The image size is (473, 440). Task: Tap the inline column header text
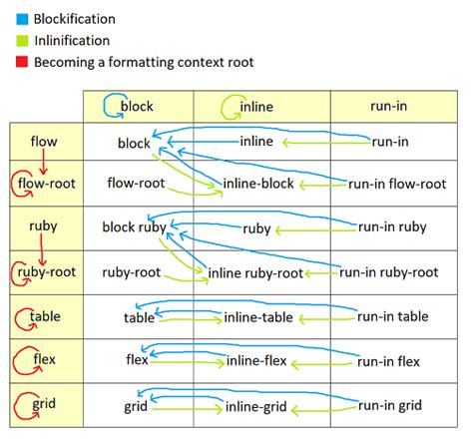pyautogui.click(x=255, y=106)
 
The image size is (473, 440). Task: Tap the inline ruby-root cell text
pyautogui.click(x=255, y=272)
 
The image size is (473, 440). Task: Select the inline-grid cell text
pyautogui.click(x=254, y=406)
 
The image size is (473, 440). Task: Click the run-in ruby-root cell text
pyautogui.click(x=389, y=271)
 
